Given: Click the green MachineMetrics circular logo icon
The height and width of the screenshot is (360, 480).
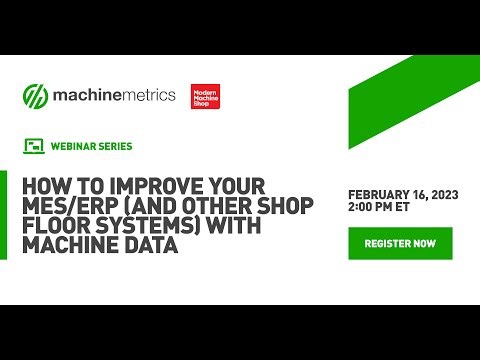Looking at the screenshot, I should click(x=36, y=97).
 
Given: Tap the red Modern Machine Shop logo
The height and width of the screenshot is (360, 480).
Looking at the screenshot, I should click(x=205, y=97).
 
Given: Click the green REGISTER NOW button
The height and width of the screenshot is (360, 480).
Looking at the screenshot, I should click(x=400, y=243).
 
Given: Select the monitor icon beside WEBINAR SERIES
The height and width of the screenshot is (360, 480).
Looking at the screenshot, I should click(x=32, y=146).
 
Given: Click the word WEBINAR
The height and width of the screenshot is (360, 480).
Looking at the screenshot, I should click(x=74, y=146).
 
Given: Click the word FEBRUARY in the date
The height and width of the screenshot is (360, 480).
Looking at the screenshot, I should click(x=379, y=194).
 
